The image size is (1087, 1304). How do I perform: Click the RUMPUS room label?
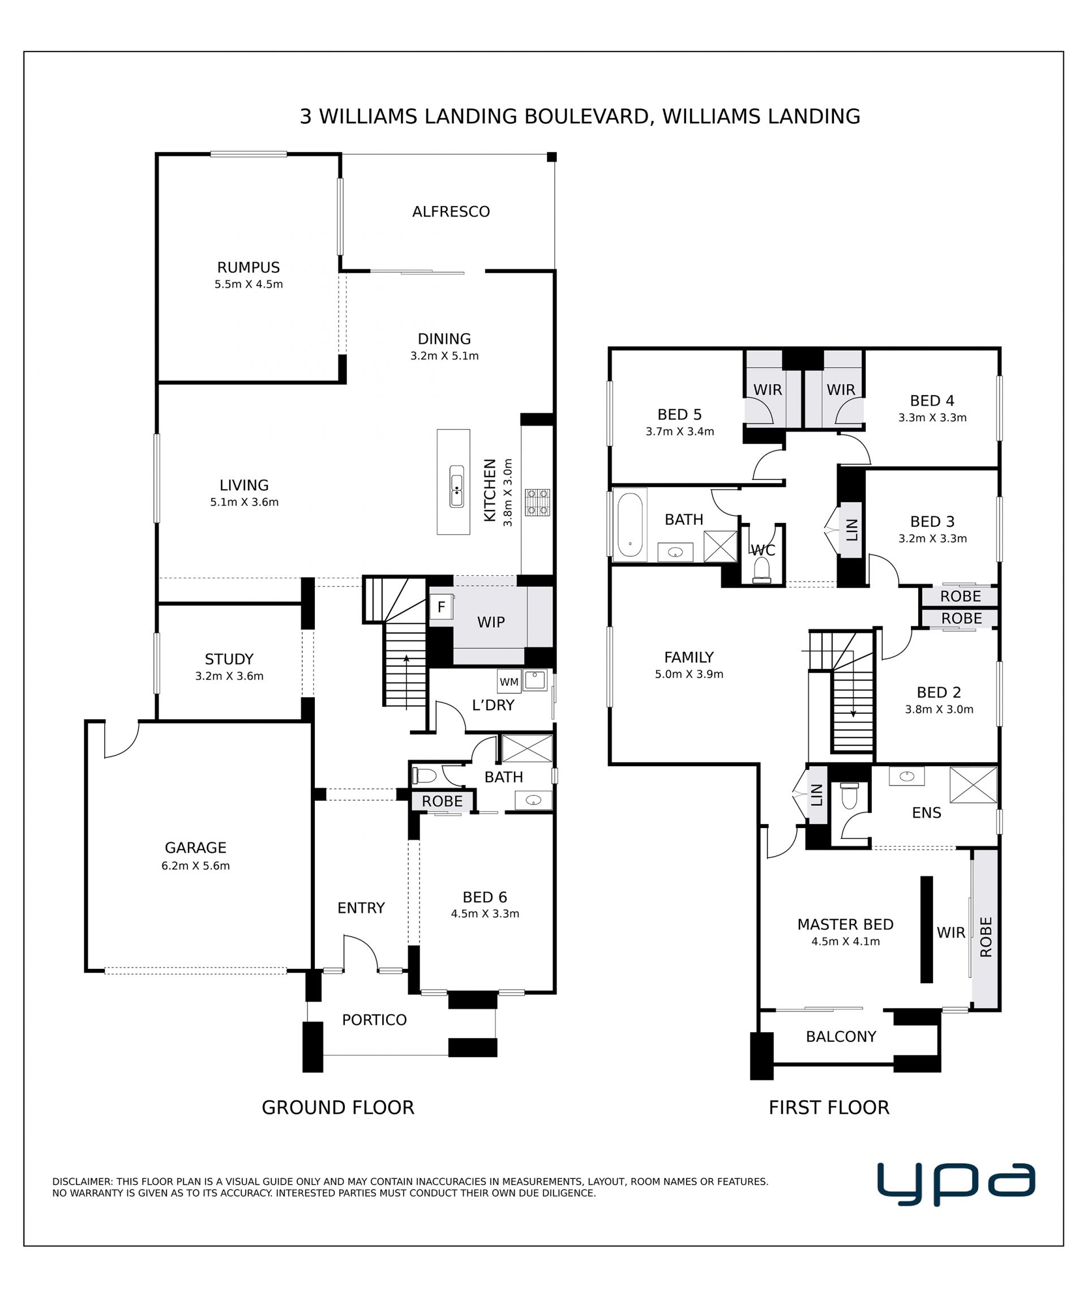[249, 268]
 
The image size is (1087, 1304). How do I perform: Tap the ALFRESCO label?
[451, 212]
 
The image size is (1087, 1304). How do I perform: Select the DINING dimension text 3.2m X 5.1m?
[444, 356]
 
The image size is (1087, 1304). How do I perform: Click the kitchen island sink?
[456, 486]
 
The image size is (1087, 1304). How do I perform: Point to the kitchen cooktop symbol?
[537, 503]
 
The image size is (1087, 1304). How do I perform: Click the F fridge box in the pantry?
[441, 607]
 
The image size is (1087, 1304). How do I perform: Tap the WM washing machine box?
[509, 682]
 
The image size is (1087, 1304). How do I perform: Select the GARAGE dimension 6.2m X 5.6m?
[196, 865]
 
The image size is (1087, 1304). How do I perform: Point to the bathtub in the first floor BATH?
[630, 525]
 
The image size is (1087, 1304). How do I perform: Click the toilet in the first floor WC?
[761, 569]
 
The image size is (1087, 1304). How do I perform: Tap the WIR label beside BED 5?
[768, 390]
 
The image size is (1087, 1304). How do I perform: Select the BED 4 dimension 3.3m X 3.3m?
[932, 418]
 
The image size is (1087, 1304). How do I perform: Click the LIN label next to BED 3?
[851, 530]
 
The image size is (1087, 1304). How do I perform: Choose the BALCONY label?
[841, 1036]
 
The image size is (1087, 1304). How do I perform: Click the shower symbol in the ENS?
[973, 786]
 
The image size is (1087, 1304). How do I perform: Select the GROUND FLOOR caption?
[338, 1107]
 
